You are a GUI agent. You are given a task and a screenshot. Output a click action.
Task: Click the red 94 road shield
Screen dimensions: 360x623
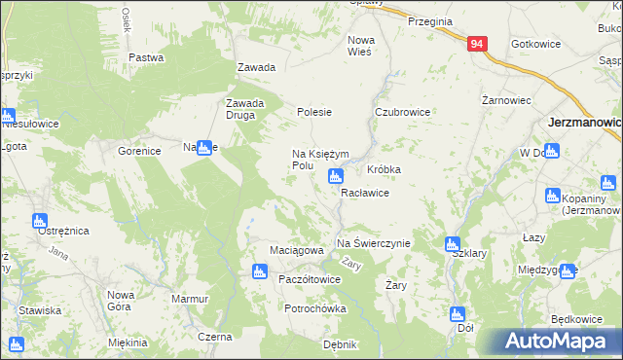(476, 45)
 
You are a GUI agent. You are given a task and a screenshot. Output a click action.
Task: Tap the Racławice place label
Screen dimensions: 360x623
(365, 193)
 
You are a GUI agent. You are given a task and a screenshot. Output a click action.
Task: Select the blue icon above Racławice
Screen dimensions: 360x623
(336, 176)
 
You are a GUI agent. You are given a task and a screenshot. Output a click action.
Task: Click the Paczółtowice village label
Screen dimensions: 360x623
(310, 279)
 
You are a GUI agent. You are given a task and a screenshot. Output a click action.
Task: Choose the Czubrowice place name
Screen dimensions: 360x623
(403, 113)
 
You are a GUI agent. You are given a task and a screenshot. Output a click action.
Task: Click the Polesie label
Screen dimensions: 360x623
(314, 113)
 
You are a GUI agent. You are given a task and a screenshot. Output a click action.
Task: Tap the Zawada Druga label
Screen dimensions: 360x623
(240, 109)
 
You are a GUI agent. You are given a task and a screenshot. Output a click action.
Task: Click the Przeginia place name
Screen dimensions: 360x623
(430, 21)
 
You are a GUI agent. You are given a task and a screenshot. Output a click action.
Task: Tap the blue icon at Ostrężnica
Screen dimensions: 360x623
(40, 221)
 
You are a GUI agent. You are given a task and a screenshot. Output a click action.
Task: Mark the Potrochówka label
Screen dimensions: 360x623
(315, 308)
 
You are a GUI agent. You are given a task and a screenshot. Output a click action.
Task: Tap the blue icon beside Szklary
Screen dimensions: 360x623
(452, 244)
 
